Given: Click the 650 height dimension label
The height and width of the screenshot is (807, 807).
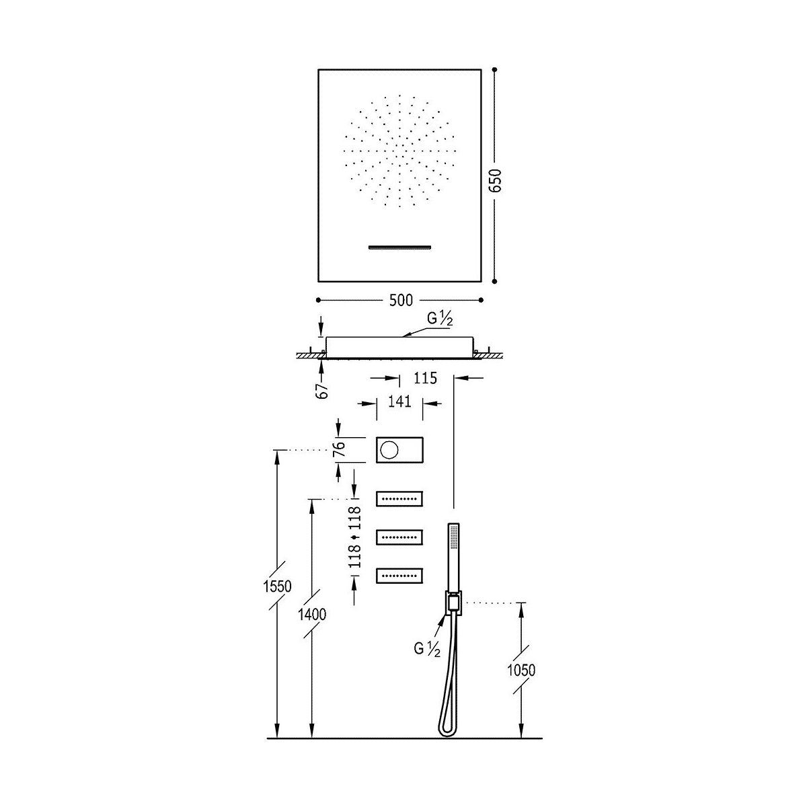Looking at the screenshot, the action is coord(496,180).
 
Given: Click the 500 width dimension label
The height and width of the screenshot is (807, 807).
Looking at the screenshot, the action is coord(401,300).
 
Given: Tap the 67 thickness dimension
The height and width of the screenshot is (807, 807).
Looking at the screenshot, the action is coord(322,390).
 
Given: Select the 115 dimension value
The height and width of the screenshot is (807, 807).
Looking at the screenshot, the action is coord(425,378).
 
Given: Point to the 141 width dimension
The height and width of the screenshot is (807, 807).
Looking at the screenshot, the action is coord(399,401).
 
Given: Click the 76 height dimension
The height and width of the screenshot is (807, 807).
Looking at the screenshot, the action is coord(339,449).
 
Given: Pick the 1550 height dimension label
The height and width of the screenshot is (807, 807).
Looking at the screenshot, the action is coord(277,586).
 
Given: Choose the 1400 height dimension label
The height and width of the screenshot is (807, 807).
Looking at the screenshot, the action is coord(312,615).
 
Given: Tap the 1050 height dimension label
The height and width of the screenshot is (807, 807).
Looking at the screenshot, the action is coord(521,670).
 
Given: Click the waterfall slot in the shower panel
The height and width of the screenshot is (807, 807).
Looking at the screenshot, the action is coord(399,247).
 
